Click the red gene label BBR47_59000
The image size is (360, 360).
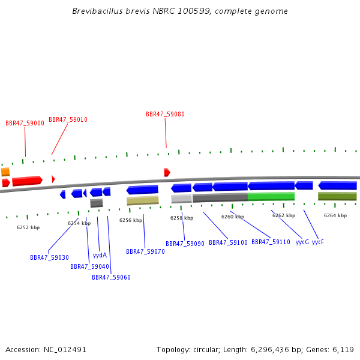pos(25,123)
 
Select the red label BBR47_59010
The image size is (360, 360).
pos(68,119)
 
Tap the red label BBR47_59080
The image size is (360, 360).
pos(166,114)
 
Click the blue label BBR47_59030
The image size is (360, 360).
pos(49,257)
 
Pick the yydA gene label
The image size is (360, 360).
pos(100,256)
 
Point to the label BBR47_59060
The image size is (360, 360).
pos(111,277)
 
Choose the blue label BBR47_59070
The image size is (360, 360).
pos(145,251)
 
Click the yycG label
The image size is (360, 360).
pos(302,242)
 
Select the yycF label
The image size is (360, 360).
pos(318,242)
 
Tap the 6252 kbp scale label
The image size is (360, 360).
pos(28,227)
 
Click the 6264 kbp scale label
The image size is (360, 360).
pos(335,215)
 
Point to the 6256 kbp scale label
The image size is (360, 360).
pos(131,220)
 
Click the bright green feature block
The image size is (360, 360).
pos(271,197)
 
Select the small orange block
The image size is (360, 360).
pos(5,172)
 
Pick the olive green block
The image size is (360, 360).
pos(337,196)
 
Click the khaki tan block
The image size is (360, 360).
pos(143,200)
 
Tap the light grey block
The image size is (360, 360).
pos(181,199)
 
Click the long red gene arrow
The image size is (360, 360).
pos(28,181)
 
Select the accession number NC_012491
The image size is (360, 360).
pos(65,350)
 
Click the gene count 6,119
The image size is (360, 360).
pos(343,350)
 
